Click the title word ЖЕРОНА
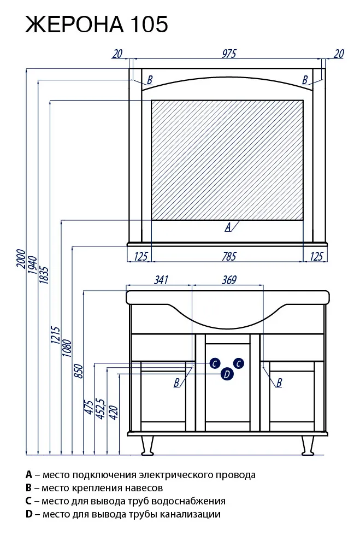pos(74,24)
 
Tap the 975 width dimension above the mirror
pos(229,54)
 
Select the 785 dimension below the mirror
pos(229,256)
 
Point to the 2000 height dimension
pos(21,259)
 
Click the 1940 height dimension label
pos(33,265)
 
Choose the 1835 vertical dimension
pos(45,275)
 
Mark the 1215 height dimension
pos(56,336)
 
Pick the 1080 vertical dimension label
pos(68,348)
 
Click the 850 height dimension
pos(79,371)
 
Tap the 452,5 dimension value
pos(102,408)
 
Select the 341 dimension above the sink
pos(161,280)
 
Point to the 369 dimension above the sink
pos(229,280)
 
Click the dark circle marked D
pos(227,374)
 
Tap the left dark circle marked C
pos(215,363)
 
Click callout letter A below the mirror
pos(228,227)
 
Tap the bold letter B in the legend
pos(28,488)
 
